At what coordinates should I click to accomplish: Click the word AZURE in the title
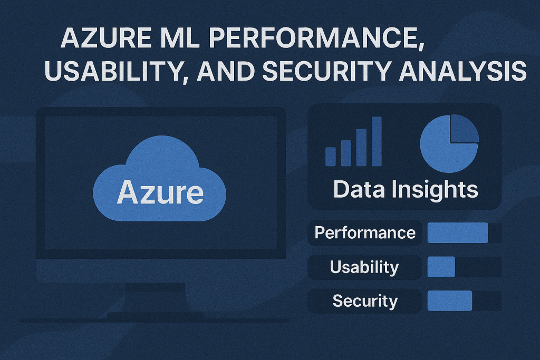tap(106, 37)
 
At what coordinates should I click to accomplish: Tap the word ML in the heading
tap(180, 37)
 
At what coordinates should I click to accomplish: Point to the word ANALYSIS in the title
tap(462, 71)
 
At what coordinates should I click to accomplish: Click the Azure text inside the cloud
tap(160, 192)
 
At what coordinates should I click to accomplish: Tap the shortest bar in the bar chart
tap(331, 157)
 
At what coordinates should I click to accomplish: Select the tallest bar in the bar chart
tap(377, 141)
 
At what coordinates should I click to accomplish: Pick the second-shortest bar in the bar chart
tap(346, 153)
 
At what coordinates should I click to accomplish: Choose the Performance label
tap(365, 233)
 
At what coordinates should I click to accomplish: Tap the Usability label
tap(364, 267)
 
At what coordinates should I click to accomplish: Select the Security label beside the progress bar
tap(365, 301)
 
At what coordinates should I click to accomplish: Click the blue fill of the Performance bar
tap(458, 233)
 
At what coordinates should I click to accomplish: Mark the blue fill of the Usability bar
tap(441, 267)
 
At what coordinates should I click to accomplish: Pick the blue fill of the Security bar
tap(450, 301)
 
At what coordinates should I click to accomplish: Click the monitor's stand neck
tap(156, 298)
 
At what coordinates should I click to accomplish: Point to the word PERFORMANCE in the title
tap(316, 38)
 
